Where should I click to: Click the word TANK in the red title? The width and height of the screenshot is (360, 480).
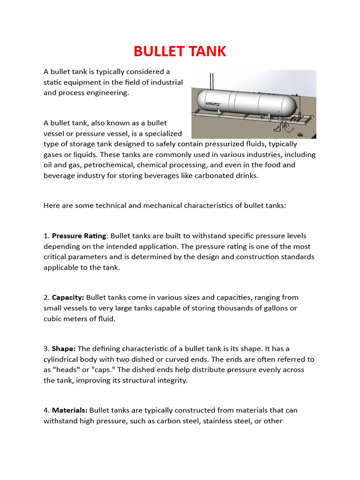coord(209,51)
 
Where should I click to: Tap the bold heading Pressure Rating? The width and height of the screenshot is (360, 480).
coord(80,236)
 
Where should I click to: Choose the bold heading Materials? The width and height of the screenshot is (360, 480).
coord(70,410)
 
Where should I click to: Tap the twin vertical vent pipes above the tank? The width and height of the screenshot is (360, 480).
coord(212,80)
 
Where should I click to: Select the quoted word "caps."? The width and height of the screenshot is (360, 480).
coord(96,370)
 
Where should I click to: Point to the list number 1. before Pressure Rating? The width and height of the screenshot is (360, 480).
coord(46,236)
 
